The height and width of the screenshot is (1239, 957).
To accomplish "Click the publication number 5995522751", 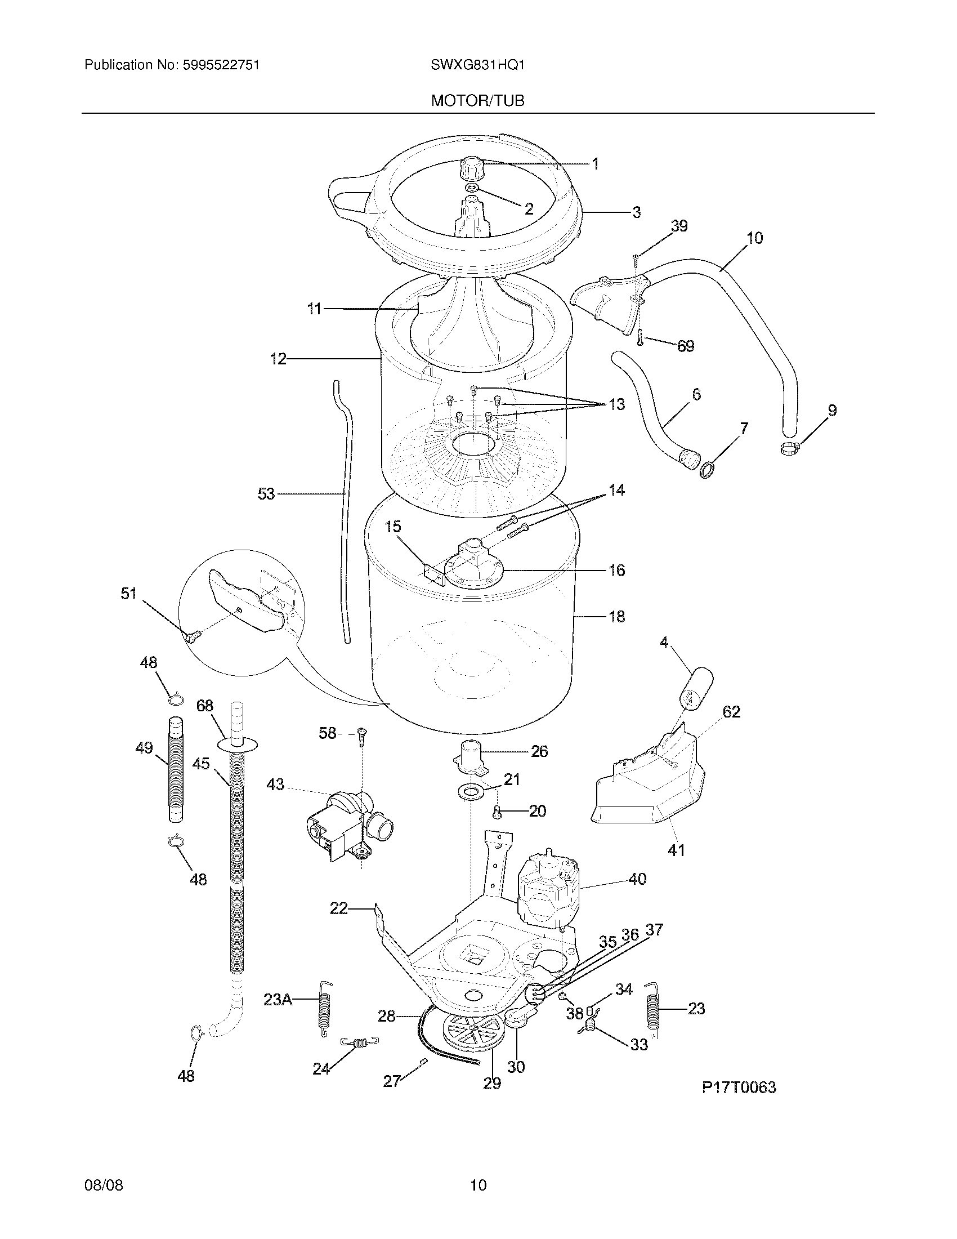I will [221, 65].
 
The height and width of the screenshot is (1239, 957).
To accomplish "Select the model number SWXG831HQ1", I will [477, 65].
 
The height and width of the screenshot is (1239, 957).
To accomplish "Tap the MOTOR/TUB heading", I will [477, 101].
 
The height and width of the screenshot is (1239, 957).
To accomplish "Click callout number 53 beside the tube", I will [266, 494].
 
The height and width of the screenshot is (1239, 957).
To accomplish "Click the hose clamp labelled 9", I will [790, 449].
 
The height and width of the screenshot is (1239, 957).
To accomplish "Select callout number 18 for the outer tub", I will [617, 616].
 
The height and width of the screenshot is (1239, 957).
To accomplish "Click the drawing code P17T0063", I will [739, 1087].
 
